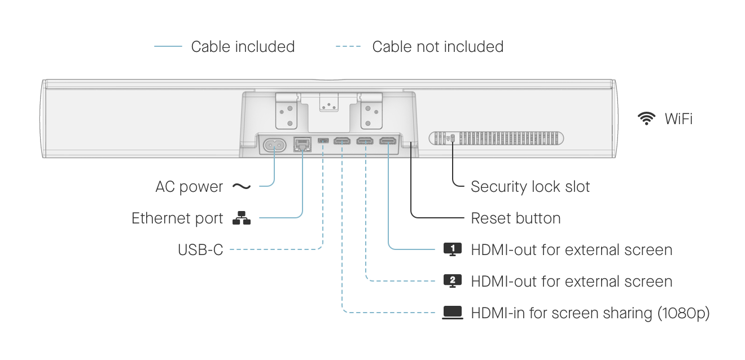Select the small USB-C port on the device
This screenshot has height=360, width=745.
click(x=323, y=141)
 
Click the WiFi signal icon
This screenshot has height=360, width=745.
click(x=646, y=118)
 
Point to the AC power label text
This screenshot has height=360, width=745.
click(x=189, y=187)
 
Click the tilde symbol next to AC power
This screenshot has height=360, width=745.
click(x=242, y=186)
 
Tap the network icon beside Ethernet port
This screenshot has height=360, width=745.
click(x=242, y=218)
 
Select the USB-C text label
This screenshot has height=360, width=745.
click(x=200, y=249)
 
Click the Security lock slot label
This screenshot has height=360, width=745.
click(x=530, y=187)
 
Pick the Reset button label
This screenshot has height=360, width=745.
click(x=516, y=218)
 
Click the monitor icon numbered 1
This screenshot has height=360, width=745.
click(x=453, y=249)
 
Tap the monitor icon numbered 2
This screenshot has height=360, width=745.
click(x=453, y=280)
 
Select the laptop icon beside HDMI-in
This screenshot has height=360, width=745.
click(x=453, y=312)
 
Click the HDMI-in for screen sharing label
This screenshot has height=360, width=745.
click(x=590, y=313)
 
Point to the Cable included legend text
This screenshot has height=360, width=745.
click(x=243, y=46)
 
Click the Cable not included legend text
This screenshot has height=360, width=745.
click(x=437, y=46)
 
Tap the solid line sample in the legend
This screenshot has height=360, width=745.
click(x=168, y=46)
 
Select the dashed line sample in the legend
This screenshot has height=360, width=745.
click(x=348, y=46)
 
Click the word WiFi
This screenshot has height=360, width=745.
click(x=678, y=118)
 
